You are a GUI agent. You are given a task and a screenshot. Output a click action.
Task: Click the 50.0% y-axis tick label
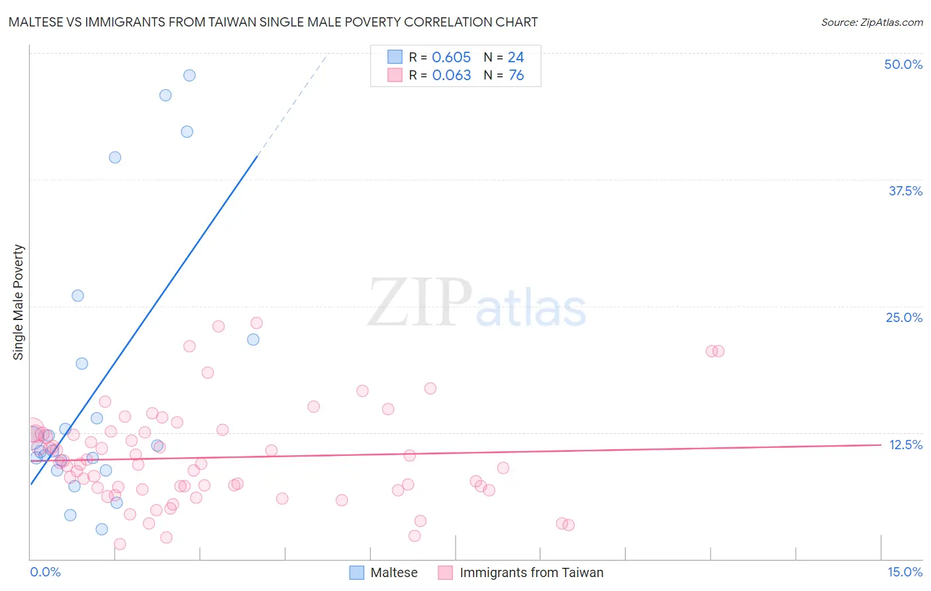(903, 64)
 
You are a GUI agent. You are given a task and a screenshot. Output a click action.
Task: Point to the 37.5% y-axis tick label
(905, 191)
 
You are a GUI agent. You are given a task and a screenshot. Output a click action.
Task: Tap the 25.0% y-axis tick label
(904, 317)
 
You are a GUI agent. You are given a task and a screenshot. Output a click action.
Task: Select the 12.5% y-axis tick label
(905, 445)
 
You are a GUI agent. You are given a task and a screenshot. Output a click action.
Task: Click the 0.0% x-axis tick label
(45, 572)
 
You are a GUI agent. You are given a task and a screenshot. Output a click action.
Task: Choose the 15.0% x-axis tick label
(905, 572)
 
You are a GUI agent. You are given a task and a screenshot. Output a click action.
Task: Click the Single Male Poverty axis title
(19, 302)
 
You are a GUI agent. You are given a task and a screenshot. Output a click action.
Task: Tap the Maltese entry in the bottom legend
(394, 572)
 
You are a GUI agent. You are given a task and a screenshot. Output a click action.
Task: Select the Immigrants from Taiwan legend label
(531, 572)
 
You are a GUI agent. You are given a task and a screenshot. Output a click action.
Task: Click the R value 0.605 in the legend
(451, 57)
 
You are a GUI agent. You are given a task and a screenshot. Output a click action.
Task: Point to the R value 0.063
(451, 75)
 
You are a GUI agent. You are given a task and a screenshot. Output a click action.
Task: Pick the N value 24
(516, 57)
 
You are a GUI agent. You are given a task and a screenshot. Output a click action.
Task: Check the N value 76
(516, 75)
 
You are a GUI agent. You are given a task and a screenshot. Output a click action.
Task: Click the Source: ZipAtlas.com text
(871, 22)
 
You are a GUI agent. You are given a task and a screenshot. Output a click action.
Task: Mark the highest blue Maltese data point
(189, 76)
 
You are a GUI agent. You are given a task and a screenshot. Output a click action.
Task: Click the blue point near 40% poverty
(115, 157)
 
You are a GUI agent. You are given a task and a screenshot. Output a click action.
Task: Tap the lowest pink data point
(120, 544)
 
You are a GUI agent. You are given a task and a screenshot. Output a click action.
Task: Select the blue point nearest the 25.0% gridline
(78, 295)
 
